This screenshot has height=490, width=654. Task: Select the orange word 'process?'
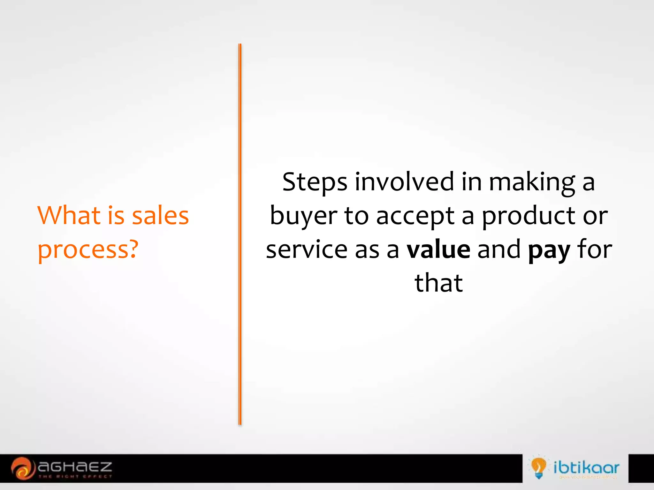88,250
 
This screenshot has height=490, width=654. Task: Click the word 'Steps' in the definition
315,182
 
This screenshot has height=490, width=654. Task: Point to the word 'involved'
404,182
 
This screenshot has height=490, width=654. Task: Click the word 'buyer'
303,216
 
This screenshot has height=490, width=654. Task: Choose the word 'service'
307,249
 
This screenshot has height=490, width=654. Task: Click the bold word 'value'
438,249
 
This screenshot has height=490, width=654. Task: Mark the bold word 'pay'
549,251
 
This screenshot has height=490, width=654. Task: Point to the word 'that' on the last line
439,283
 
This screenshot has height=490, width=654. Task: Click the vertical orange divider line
240,234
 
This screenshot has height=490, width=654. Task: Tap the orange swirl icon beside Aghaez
22,468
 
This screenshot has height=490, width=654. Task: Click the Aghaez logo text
75,467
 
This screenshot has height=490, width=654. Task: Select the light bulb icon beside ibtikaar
538,467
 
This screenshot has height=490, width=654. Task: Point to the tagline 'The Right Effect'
75,477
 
